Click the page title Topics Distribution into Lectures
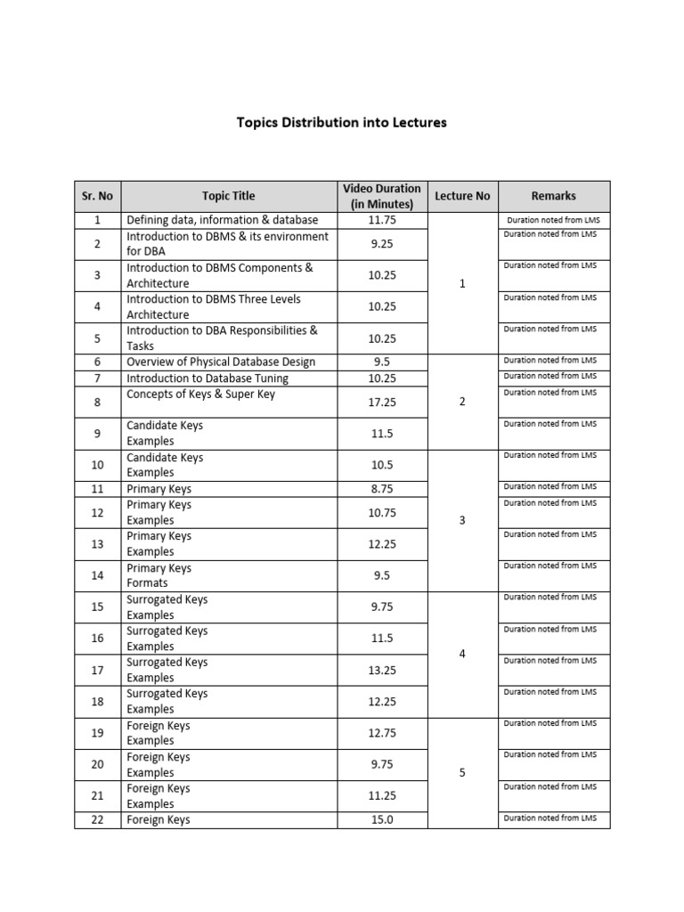pos(341,122)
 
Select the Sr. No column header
pos(97,196)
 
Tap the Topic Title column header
pos(228,196)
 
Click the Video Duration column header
pos(381,196)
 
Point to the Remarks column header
pos(553,196)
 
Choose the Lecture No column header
pos(462,196)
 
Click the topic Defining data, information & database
pos(222,219)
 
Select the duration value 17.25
pos(381,402)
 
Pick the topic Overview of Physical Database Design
pos(221,362)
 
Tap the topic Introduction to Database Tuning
pos(208,379)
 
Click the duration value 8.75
pos(381,489)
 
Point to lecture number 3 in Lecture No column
pos(462,520)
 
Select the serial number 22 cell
pos(97,819)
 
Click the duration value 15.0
pos(381,819)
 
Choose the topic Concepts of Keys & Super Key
pos(201,395)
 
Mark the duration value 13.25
pos(381,670)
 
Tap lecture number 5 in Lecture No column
pos(462,772)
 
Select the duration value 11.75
pos(381,219)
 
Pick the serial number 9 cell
pos(97,434)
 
